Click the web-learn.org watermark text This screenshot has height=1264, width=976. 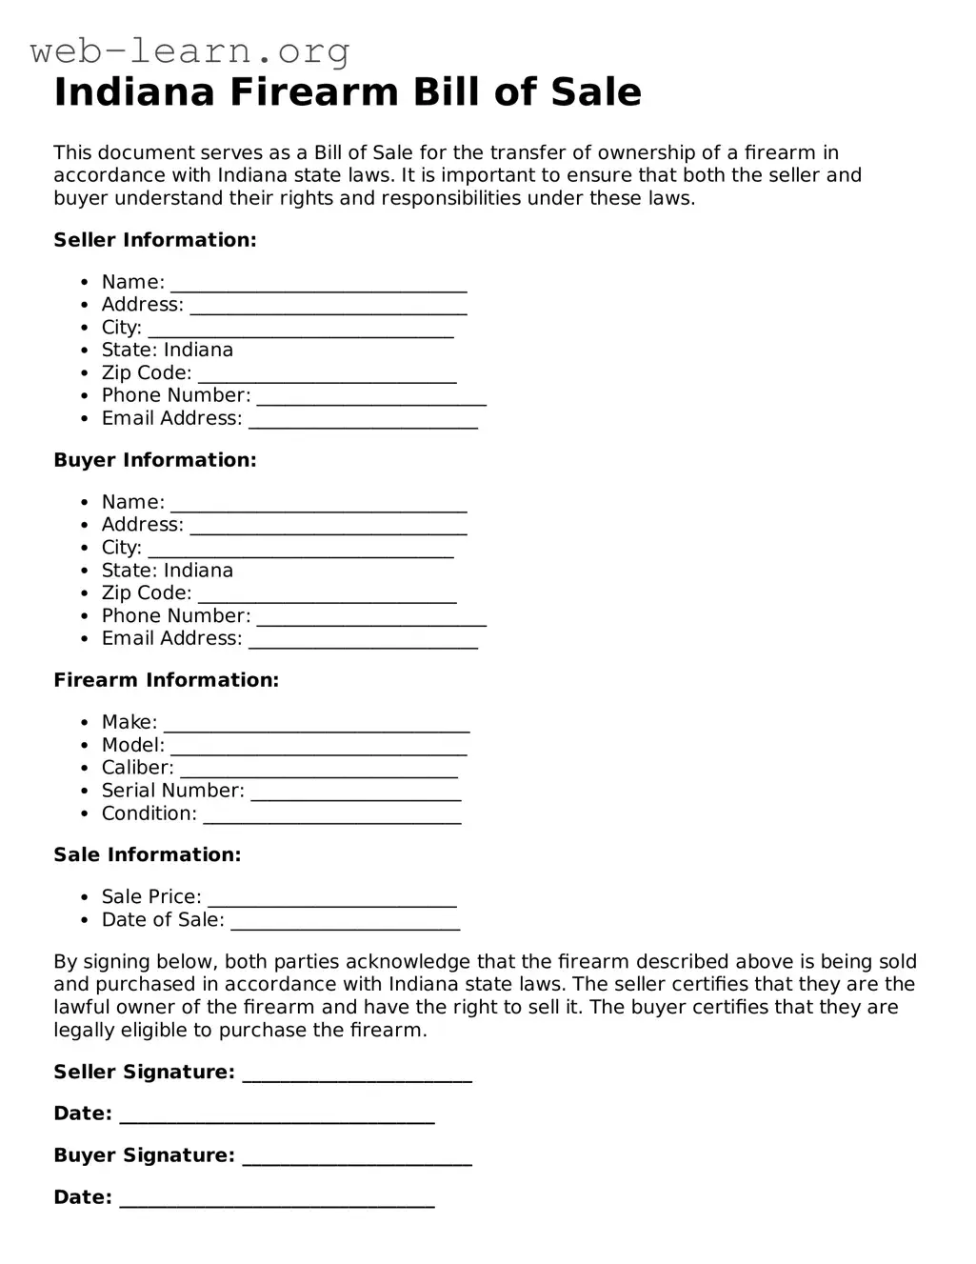(x=190, y=50)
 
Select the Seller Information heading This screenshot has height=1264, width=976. (x=155, y=240)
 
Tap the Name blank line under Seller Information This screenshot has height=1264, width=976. (x=319, y=285)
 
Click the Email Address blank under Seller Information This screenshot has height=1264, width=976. (x=363, y=421)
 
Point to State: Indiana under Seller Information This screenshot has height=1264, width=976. (x=168, y=350)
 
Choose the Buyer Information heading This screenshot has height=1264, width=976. (x=155, y=460)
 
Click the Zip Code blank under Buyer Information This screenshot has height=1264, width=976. (x=328, y=596)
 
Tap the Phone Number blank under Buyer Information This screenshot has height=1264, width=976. (x=371, y=619)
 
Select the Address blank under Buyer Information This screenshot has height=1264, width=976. (x=329, y=528)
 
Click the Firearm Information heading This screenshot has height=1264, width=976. (x=167, y=680)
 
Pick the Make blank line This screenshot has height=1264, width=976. (x=316, y=725)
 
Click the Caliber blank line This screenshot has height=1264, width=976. (x=319, y=771)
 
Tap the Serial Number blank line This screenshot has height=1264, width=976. (x=356, y=793)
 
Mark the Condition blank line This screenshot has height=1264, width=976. (x=332, y=816)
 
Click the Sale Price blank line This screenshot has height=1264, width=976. (x=332, y=900)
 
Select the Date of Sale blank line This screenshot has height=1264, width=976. (x=346, y=923)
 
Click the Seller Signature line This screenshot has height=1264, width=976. (x=357, y=1075)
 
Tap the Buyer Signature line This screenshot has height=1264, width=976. (x=357, y=1158)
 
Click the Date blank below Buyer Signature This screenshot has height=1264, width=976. (x=277, y=1200)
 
